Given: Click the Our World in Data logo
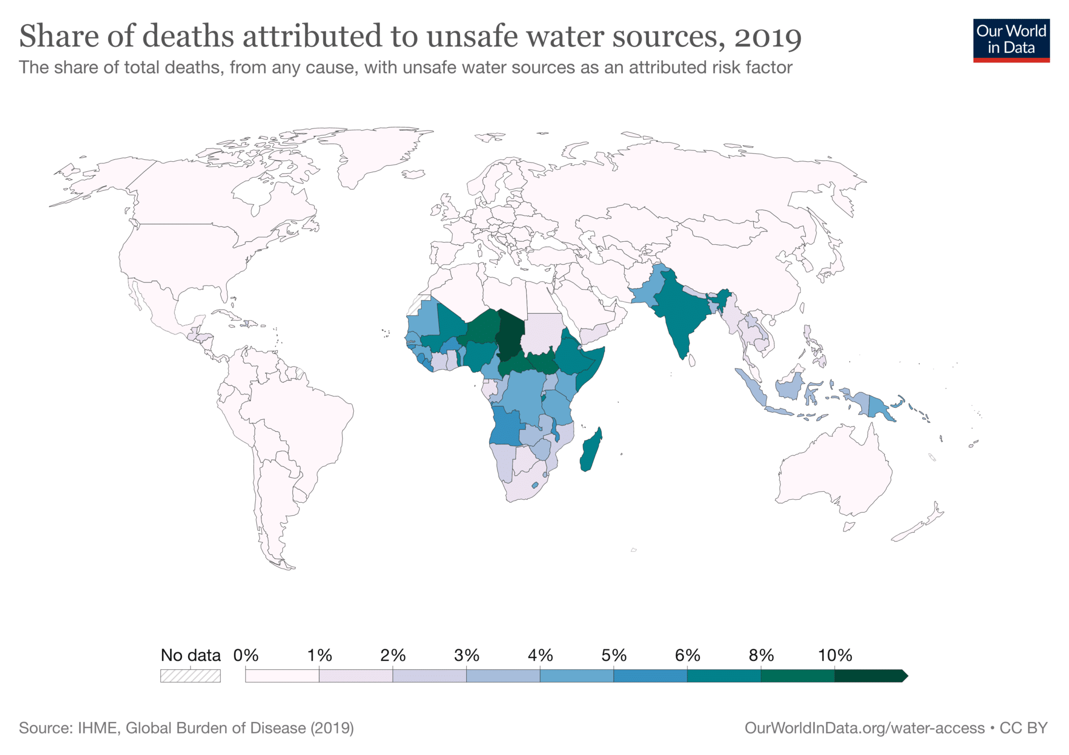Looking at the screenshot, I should click(1011, 40).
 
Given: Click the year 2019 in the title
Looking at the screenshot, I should click(767, 37).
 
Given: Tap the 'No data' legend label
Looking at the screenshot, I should click(191, 655).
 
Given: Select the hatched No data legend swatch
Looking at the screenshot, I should click(191, 676).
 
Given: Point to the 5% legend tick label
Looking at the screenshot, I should click(613, 655).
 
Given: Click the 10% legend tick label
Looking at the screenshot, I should click(834, 655).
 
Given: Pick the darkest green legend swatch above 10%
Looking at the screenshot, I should click(869, 676).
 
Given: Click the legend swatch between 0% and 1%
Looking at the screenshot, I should click(282, 676).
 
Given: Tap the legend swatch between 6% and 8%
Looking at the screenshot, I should click(723, 676).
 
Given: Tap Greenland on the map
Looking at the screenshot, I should click(376, 151).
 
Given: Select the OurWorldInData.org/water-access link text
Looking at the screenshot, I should click(864, 728).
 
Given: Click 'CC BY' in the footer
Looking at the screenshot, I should click(1024, 728).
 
